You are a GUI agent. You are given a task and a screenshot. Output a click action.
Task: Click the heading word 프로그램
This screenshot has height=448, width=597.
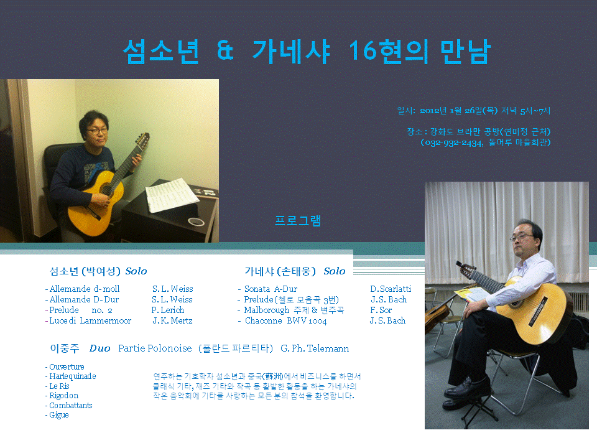(298, 221)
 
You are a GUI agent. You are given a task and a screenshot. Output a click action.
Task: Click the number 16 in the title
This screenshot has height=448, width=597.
(363, 52)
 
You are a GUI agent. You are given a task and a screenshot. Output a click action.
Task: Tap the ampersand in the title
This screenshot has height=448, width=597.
(226, 52)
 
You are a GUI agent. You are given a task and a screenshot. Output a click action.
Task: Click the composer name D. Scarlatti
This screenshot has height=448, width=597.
(391, 289)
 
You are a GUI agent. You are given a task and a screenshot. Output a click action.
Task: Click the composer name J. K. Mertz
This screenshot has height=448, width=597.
(172, 320)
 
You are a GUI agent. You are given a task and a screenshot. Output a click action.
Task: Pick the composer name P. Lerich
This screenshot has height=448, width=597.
(169, 310)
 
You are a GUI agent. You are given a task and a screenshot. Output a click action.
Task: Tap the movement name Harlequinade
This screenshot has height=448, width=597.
(72, 376)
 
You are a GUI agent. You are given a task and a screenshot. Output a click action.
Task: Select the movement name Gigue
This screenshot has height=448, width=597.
(59, 415)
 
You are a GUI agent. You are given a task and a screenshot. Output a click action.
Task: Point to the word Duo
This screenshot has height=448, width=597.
(99, 348)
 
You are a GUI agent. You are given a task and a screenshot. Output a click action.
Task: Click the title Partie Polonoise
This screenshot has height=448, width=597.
(155, 348)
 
